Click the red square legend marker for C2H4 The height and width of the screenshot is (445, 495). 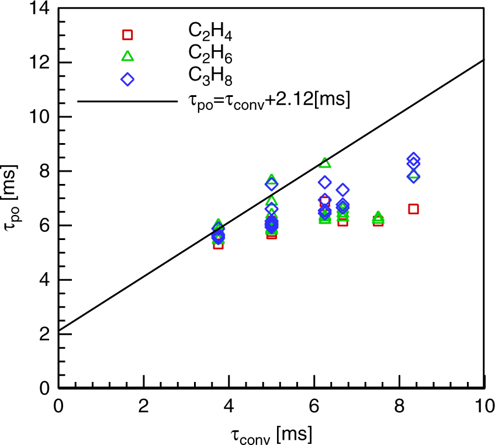127,34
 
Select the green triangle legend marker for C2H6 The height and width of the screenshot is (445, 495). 127,56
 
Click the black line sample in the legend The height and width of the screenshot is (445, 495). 127,101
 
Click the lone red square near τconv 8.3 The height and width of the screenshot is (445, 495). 413,209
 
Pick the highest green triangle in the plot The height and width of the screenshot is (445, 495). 325,162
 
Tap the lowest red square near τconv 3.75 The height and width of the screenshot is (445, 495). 218,244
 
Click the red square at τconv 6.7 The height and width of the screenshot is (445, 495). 342,221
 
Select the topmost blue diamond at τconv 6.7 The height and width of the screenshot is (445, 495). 343,190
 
